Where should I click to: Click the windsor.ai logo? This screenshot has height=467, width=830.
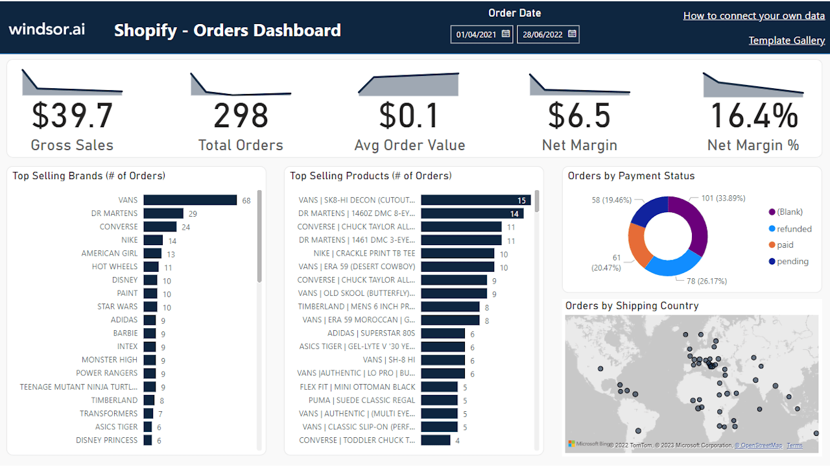click(47, 29)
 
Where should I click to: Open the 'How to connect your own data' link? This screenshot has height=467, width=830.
click(753, 16)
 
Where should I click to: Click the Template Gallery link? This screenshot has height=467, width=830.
click(787, 40)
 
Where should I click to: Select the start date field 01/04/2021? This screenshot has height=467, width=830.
click(475, 34)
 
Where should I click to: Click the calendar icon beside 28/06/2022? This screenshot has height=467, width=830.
click(572, 34)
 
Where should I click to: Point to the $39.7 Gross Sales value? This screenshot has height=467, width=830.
click(72, 115)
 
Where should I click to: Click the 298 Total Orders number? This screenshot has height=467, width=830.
click(241, 115)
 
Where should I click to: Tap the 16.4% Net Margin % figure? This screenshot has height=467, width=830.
click(753, 115)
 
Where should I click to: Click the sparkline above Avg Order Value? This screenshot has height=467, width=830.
click(409, 85)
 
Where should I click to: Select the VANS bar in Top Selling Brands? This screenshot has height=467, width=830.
click(190, 200)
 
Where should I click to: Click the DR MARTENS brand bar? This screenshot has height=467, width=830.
click(163, 213)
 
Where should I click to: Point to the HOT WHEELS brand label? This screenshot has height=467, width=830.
click(114, 267)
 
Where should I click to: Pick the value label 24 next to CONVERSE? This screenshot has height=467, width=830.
click(186, 227)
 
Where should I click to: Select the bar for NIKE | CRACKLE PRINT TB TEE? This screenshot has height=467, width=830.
click(457, 254)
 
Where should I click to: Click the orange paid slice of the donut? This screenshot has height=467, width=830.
click(639, 245)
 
